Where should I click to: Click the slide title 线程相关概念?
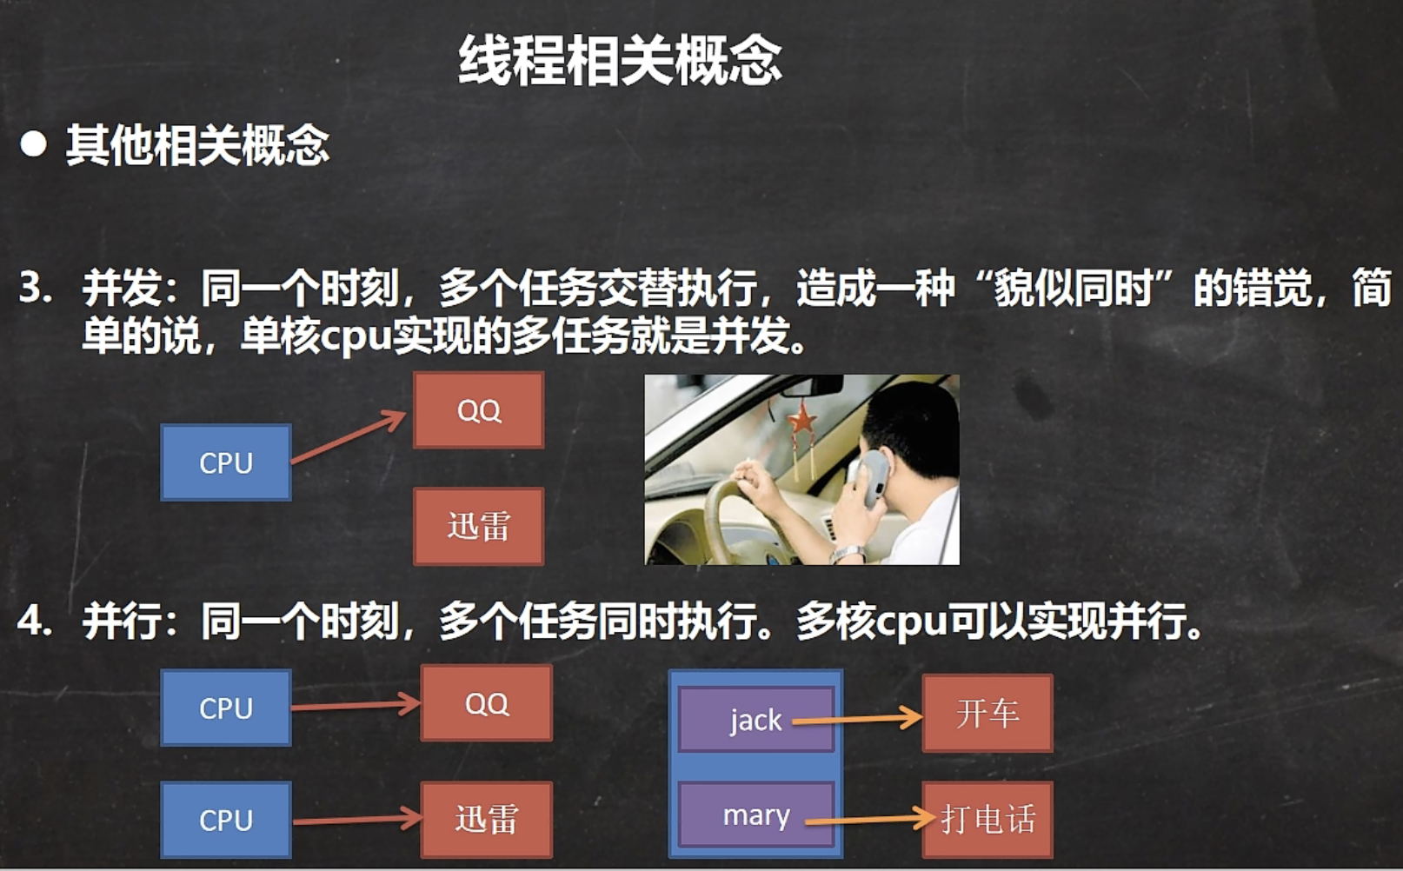(x=620, y=61)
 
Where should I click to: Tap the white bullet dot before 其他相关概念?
(x=34, y=144)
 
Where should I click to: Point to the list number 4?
(x=34, y=621)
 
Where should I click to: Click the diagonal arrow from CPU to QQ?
(x=348, y=436)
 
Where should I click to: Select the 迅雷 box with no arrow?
(x=478, y=526)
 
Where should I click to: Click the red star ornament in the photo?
(x=801, y=422)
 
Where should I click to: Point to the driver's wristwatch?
(x=848, y=553)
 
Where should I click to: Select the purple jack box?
(x=755, y=720)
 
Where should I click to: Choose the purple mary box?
(x=755, y=815)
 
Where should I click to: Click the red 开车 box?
(x=987, y=714)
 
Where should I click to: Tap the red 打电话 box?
(x=987, y=819)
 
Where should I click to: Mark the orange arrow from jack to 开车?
(x=856, y=719)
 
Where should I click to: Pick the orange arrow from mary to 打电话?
(x=869, y=819)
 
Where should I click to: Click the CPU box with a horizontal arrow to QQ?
(x=225, y=708)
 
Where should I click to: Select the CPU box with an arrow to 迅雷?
(x=225, y=820)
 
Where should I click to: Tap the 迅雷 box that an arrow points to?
(x=486, y=819)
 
